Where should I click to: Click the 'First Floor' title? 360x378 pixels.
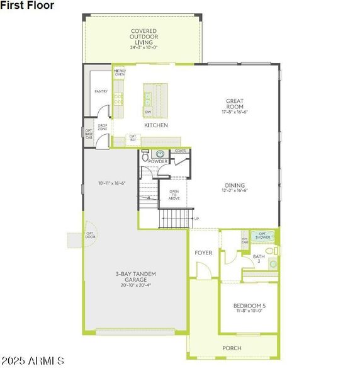coord(27,5)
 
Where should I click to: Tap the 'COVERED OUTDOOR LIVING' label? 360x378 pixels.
coord(143,37)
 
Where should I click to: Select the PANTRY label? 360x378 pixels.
coord(101,92)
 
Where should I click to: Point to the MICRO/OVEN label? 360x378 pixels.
coord(120,73)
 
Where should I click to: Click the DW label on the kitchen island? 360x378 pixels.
coord(149,112)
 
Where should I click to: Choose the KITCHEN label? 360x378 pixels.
coord(156,125)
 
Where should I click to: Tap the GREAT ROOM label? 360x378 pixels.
coord(235,104)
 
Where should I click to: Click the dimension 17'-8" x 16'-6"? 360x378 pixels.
coord(235,112)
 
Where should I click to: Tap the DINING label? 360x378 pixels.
coord(235,185)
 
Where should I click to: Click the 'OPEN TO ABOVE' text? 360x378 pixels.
coord(174,195)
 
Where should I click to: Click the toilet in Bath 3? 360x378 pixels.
coord(271,251)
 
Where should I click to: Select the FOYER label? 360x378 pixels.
coord(203,253)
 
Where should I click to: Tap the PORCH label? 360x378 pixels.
coord(232,348)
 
